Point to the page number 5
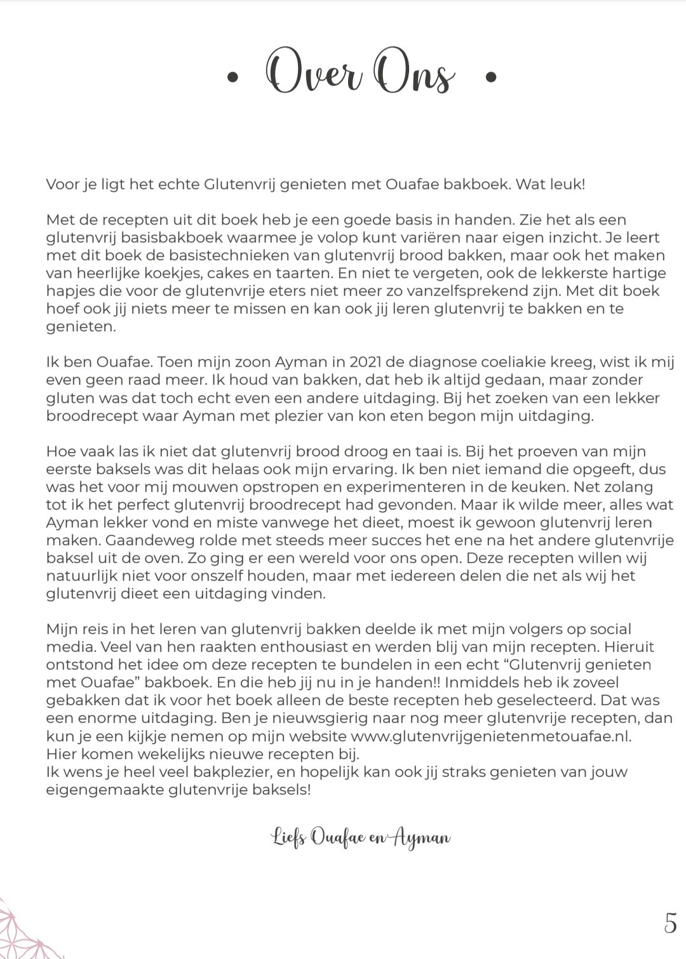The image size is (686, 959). [x=670, y=923]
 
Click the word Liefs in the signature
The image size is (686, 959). [x=290, y=838]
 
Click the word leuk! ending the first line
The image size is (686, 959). [x=567, y=184]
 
